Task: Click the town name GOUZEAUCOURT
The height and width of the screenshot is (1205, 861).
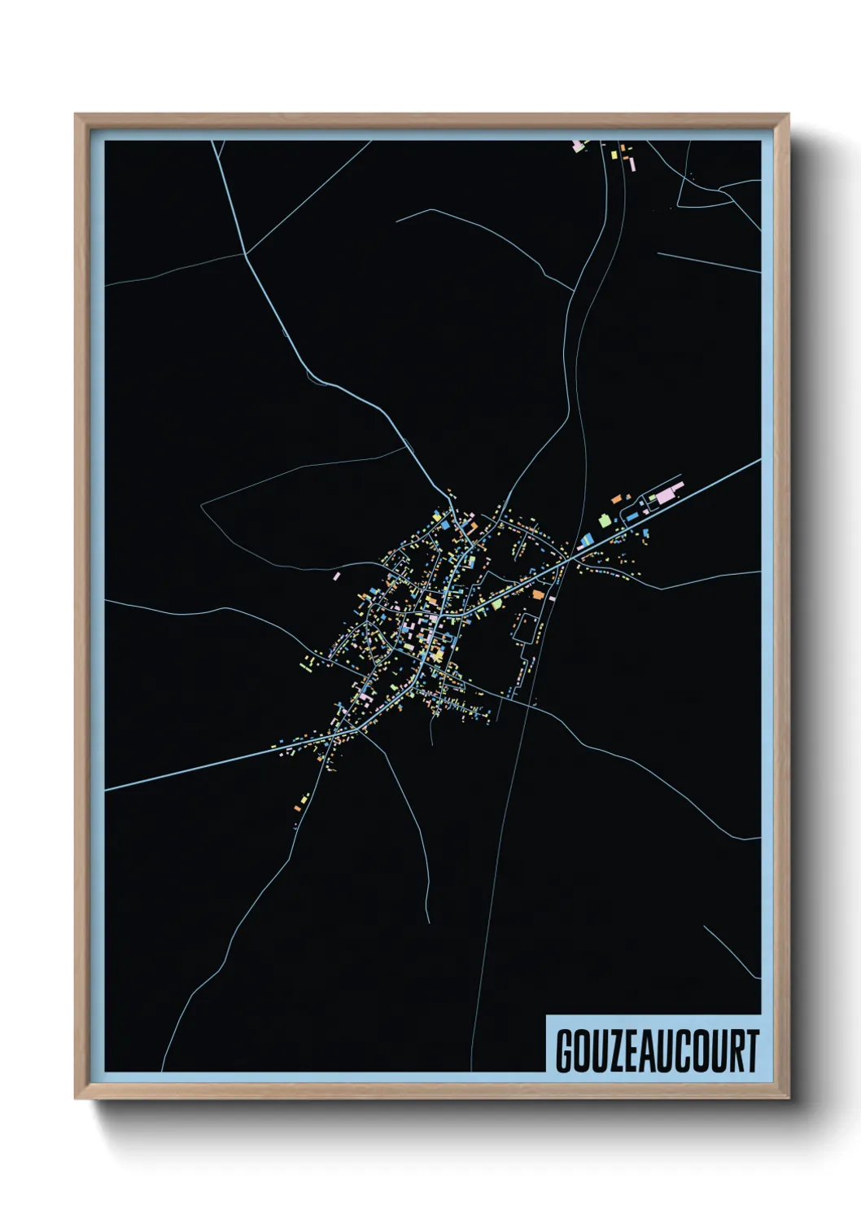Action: tap(657, 1050)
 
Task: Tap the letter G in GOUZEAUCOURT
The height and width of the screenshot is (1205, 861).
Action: tap(564, 1050)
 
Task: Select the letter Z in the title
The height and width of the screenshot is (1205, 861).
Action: tap(615, 1050)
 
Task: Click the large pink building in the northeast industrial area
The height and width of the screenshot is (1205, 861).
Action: tap(667, 493)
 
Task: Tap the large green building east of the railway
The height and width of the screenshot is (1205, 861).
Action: tap(605, 519)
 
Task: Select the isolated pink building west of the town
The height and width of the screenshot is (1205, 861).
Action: tap(336, 576)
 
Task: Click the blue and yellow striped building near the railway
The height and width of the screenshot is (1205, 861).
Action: tap(586, 538)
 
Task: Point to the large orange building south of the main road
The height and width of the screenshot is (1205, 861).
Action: tap(537, 595)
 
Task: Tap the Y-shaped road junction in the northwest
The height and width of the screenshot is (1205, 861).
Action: tap(245, 254)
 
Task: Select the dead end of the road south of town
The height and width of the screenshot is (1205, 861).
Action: tap(428, 922)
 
